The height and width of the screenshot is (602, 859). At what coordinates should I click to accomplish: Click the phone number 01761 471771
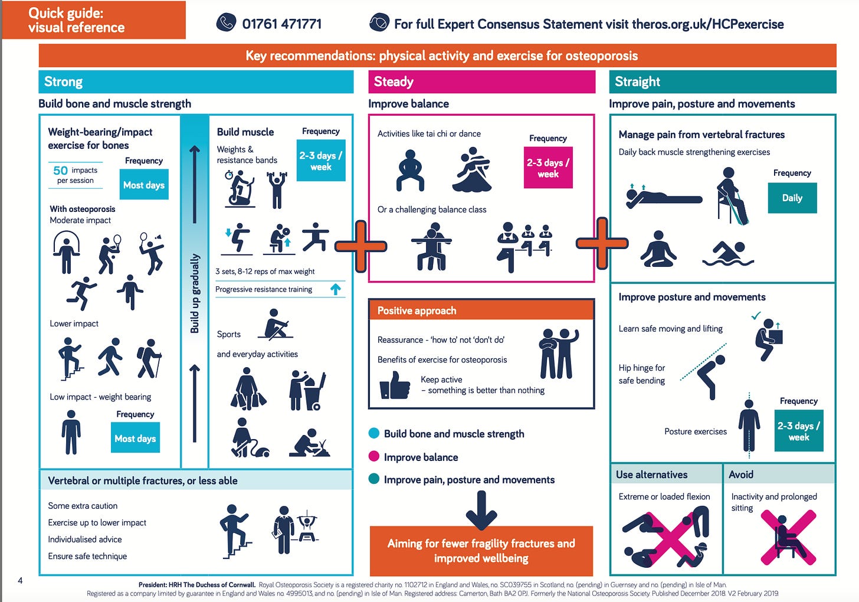pos(282,24)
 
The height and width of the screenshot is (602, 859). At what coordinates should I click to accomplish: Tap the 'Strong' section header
pos(64,81)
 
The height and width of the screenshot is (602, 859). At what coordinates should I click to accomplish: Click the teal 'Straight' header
pos(637,81)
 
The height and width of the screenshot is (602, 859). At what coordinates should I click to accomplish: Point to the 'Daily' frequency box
pos(792,198)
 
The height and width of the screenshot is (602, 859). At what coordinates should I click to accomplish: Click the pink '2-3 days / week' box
pos(548,168)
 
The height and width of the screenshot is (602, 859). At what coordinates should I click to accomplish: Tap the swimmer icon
pos(728,253)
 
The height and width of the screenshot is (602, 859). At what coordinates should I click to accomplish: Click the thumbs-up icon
pos(395,385)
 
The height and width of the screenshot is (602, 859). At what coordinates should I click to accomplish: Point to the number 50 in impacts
pos(60,171)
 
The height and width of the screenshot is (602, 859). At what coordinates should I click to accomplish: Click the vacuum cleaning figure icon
pos(248,438)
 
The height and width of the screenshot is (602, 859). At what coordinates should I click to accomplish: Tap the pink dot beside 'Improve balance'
pos(373,456)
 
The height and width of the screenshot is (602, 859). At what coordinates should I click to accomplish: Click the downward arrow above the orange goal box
pos(481,509)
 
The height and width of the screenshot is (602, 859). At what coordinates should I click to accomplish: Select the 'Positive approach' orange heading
pos(417,310)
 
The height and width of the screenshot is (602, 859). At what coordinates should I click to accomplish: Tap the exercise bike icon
pos(239,188)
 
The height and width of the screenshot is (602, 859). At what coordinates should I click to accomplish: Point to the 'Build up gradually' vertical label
pos(195,293)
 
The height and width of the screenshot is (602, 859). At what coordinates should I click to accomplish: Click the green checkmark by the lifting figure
pos(756,316)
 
